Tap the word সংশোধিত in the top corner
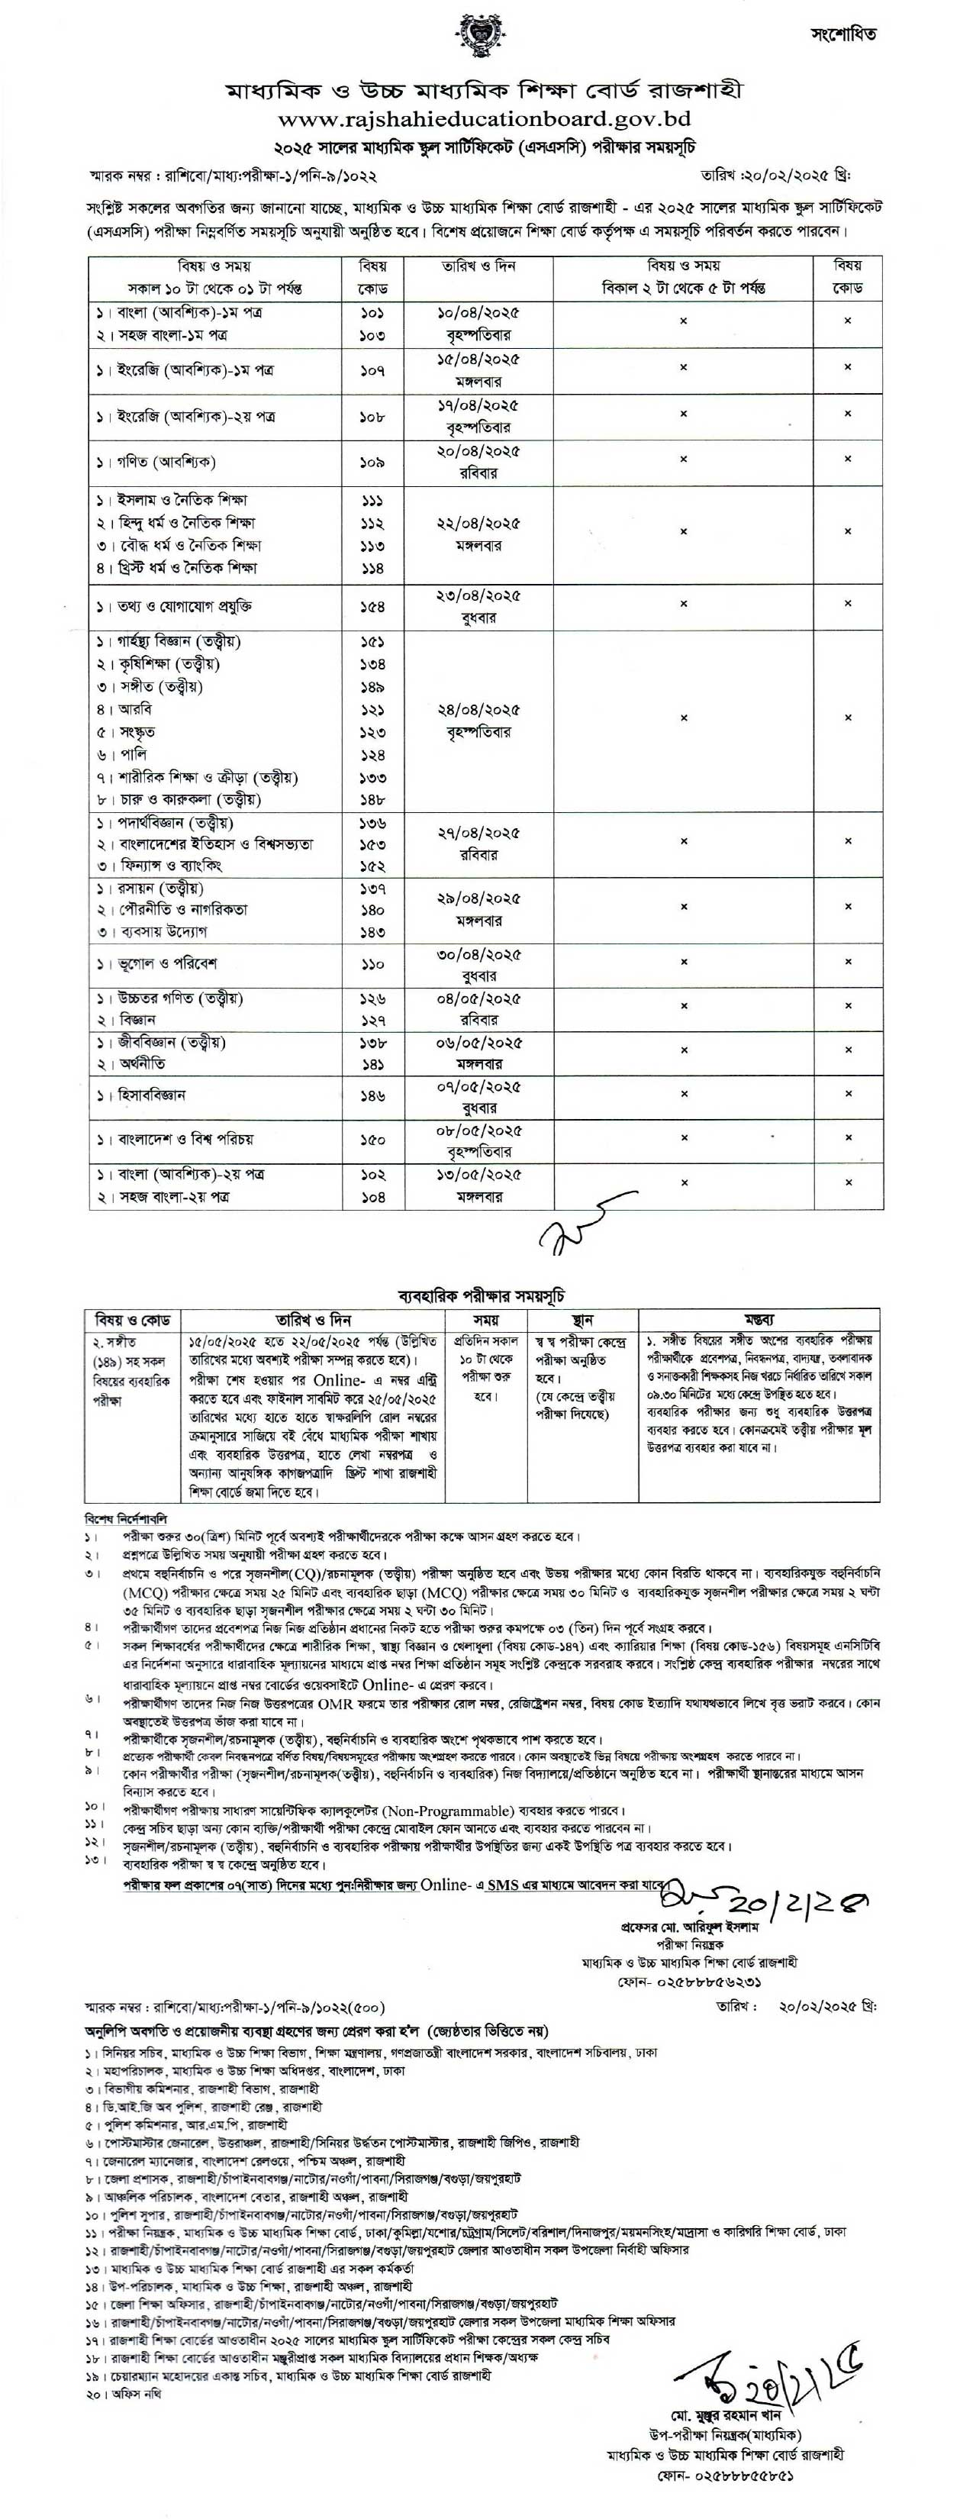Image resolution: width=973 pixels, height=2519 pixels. pyautogui.click(x=844, y=34)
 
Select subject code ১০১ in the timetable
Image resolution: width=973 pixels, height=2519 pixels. pyautogui.click(x=372, y=313)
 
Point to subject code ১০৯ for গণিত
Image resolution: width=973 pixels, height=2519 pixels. pyautogui.click(x=372, y=462)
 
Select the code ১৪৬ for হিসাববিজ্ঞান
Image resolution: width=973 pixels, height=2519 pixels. pyautogui.click(x=372, y=1096)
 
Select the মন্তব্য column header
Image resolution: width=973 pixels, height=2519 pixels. pyautogui.click(x=759, y=1319)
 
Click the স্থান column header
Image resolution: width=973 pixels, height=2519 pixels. pyautogui.click(x=582, y=1319)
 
